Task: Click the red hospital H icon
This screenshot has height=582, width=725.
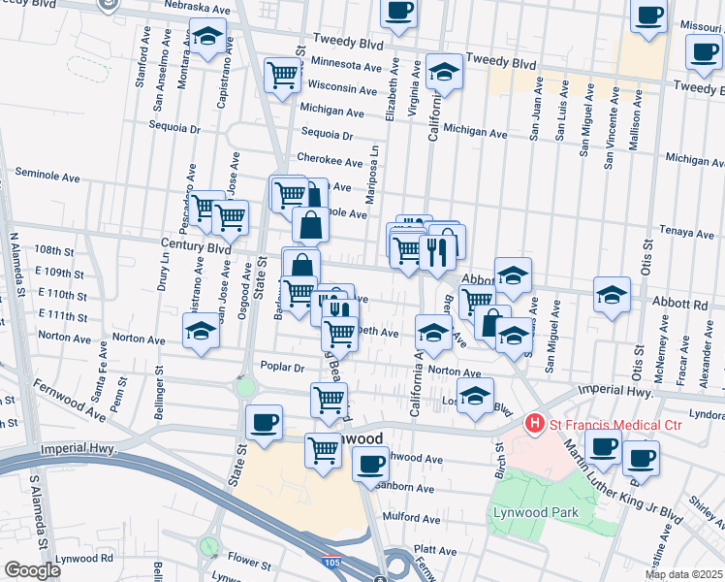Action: click(x=533, y=424)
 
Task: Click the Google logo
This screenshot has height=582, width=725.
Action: click(x=32, y=569)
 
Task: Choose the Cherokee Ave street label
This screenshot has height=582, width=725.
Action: click(x=330, y=159)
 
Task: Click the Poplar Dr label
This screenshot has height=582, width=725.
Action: click(x=283, y=368)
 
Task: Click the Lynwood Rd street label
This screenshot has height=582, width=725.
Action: click(x=84, y=559)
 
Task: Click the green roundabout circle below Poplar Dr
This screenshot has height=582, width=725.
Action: click(x=244, y=388)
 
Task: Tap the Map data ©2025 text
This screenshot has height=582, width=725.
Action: click(x=683, y=574)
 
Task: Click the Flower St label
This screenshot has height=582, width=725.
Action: click(x=248, y=562)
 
